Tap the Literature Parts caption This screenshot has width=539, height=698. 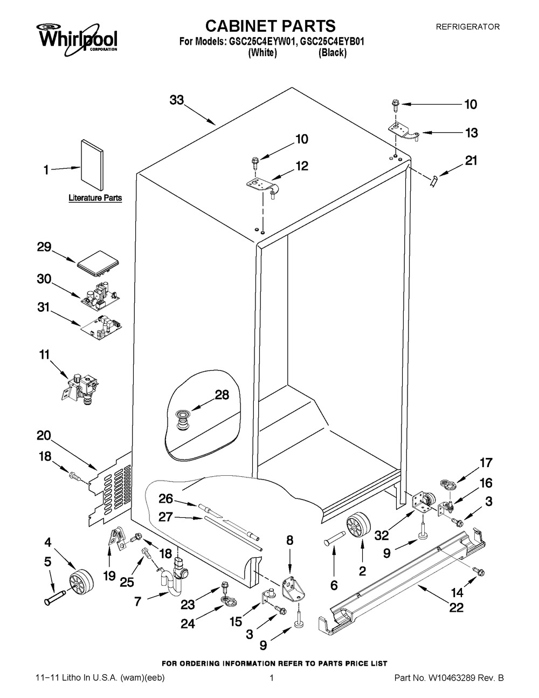point(95,198)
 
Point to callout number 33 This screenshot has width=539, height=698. point(177,100)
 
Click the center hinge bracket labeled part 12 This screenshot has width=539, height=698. point(262,187)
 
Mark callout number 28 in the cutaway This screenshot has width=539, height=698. point(222,395)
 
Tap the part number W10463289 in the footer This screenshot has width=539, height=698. point(446,678)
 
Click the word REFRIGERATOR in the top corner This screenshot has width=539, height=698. point(467,26)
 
